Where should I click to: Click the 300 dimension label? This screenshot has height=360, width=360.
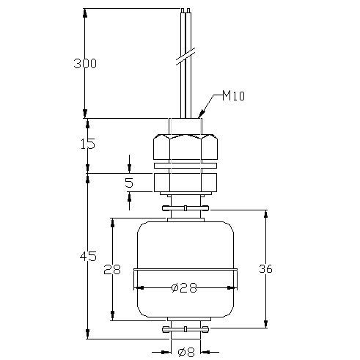pos(85,64)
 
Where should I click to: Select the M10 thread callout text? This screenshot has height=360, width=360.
pos(233,95)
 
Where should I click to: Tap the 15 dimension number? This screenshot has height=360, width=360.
pos(88,144)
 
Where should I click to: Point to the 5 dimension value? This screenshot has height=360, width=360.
pos(129,183)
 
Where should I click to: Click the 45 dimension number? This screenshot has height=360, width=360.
pos(88,256)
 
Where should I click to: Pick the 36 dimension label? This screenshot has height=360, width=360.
pos(265,269)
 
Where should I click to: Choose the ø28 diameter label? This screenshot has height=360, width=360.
pos(184,288)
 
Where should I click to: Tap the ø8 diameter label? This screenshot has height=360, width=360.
pos(186,353)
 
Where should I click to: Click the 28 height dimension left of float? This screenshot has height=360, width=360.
pos(112,269)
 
